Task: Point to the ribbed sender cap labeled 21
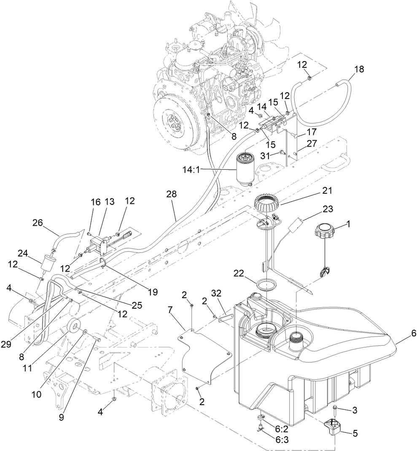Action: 267,205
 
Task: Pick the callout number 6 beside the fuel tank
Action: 407,332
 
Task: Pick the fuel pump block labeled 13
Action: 99,244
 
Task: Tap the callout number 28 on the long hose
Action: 172,194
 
